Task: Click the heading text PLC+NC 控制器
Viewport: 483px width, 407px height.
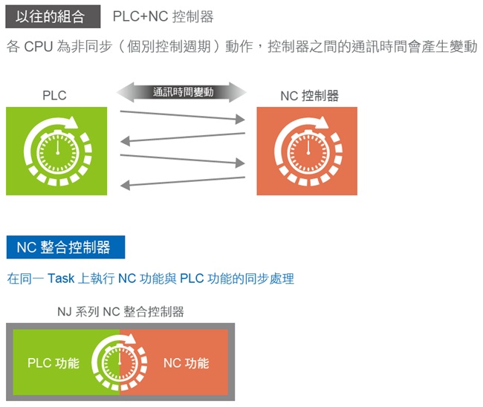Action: pos(163,16)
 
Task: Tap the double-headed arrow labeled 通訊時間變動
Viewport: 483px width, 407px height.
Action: pos(183,92)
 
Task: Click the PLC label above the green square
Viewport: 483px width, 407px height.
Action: pos(54,95)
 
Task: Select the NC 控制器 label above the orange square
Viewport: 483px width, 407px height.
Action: pos(309,96)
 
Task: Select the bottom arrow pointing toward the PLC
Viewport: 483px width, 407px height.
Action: pos(183,180)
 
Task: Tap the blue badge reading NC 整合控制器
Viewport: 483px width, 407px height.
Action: pos(64,247)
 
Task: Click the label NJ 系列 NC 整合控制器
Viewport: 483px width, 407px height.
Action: pos(120,311)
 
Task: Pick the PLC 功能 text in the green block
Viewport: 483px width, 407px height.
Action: pos(54,363)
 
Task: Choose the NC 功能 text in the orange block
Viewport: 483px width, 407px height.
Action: pos(186,363)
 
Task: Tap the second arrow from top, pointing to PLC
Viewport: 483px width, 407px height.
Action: pos(183,137)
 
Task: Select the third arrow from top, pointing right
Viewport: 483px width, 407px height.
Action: pos(183,158)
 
